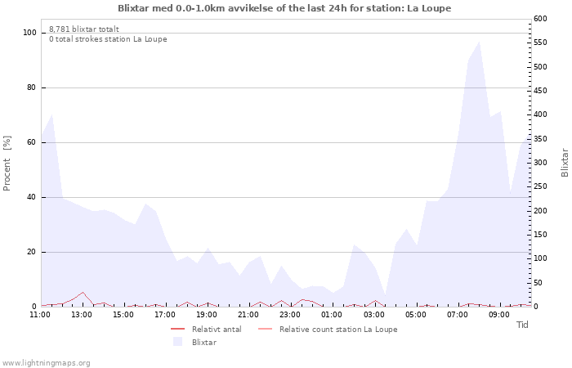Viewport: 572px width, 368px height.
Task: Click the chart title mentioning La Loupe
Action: [x=284, y=8]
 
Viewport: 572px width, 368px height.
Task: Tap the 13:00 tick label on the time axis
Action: [x=82, y=315]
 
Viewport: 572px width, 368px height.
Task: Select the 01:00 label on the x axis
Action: [x=332, y=315]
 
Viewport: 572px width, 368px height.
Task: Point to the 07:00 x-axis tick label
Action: [x=458, y=315]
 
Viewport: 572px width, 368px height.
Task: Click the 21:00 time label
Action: [x=248, y=315]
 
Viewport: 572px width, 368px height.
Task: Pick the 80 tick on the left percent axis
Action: [x=31, y=88]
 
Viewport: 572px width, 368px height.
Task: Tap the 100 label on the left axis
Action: [x=29, y=33]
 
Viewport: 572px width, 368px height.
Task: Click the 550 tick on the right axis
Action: [x=540, y=43]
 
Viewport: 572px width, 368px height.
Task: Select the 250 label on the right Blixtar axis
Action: [x=540, y=186]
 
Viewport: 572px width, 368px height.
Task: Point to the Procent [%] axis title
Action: [x=7, y=164]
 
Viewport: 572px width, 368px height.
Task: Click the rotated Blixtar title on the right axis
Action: [x=565, y=163]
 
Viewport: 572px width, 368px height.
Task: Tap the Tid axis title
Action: [x=522, y=325]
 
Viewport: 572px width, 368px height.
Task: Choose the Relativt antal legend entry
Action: [x=206, y=330]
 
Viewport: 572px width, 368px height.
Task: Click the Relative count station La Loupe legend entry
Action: [x=328, y=330]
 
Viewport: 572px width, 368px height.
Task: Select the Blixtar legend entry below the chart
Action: [x=194, y=342]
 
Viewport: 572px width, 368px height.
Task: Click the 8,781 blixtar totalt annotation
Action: [x=84, y=29]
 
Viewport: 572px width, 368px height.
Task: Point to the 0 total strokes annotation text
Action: [x=108, y=39]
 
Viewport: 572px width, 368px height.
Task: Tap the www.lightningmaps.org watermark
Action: [x=45, y=363]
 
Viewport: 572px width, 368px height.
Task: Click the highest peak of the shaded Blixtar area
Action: [x=479, y=42]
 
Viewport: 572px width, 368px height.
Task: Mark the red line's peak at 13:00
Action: [x=83, y=293]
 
